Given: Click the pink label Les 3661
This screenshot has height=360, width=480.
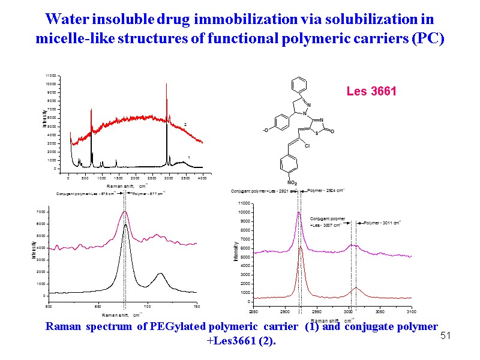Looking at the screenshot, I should click(x=371, y=92).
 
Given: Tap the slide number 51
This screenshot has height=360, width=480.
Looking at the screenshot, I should click(x=445, y=336).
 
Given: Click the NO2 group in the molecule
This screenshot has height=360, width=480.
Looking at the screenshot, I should click(x=292, y=182).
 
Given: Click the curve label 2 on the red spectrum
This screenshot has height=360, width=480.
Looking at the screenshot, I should click(x=185, y=124).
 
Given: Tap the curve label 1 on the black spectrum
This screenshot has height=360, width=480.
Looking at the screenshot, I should click(x=189, y=157).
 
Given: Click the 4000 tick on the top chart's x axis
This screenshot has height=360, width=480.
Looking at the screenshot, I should click(x=202, y=178).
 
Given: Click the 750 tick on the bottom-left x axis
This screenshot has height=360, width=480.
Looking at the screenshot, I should click(x=197, y=307).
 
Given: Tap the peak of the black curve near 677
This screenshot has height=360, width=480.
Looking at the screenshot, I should click(x=125, y=225).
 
